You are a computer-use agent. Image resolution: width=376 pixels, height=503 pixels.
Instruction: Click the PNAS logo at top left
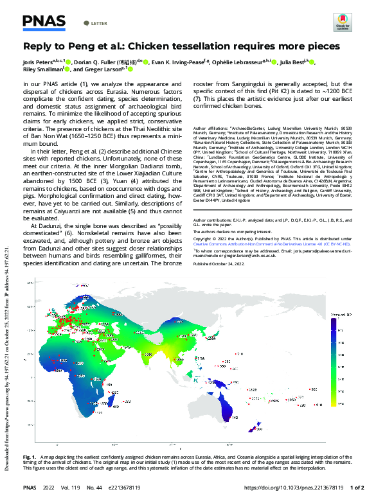(x=44, y=22)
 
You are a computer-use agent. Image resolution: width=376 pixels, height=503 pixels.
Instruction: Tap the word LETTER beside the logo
(x=99, y=23)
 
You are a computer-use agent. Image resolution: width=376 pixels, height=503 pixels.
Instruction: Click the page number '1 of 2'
(x=357, y=488)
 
